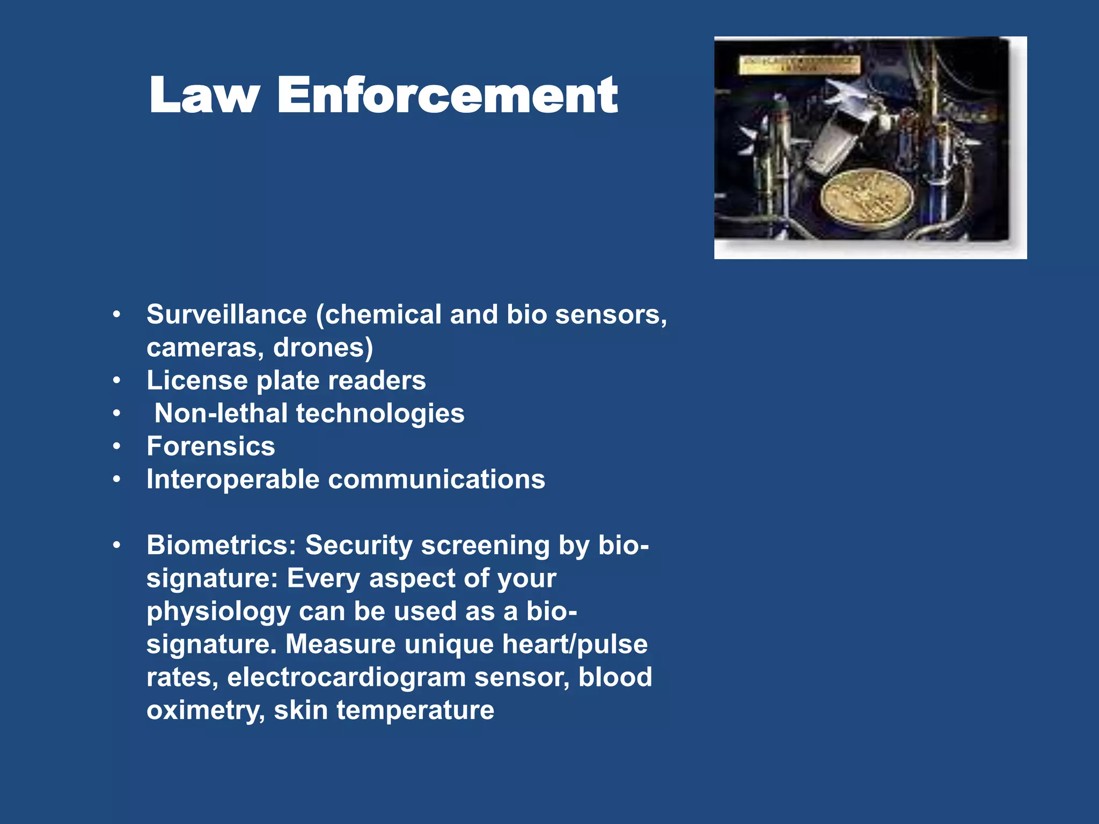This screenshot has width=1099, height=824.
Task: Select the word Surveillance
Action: click(x=226, y=314)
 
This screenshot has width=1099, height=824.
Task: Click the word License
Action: click(x=197, y=380)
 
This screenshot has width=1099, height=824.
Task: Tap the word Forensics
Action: click(x=211, y=446)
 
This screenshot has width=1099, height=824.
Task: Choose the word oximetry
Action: click(x=206, y=711)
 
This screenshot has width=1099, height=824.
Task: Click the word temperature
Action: click(x=415, y=711)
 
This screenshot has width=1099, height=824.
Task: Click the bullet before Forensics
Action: click(x=117, y=446)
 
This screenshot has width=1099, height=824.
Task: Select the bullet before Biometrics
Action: click(x=117, y=546)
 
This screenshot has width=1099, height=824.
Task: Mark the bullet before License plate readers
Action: click(x=117, y=380)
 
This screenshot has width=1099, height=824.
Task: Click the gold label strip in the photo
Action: click(x=800, y=64)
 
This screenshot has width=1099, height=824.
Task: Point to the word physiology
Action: click(x=218, y=612)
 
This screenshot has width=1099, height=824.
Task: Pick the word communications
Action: click(x=436, y=480)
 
